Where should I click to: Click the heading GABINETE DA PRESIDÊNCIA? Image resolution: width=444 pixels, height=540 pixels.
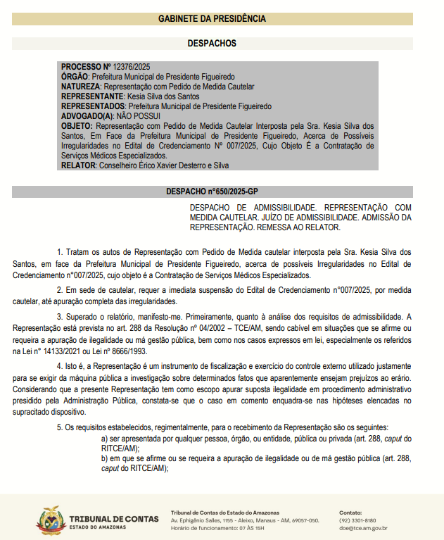222,18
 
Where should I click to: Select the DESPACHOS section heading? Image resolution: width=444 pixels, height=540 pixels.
222,43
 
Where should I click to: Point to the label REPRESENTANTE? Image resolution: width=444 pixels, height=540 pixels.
92,96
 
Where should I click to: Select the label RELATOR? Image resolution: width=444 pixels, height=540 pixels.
78,165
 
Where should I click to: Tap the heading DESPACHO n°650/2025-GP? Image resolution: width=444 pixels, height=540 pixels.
222,191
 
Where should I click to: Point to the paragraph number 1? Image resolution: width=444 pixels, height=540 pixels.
60,251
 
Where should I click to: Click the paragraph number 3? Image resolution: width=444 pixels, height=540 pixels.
60,317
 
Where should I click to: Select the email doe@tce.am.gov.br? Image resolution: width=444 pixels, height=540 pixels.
363,528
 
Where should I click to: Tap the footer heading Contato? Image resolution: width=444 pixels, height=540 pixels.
351,512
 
